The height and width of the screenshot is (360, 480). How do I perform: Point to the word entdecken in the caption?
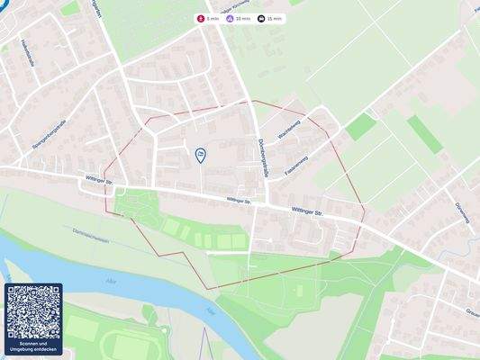pyautogui.click(x=46, y=351)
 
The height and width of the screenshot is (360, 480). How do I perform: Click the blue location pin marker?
pyautogui.click(x=200, y=155)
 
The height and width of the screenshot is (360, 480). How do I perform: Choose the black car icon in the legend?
pyautogui.click(x=261, y=18)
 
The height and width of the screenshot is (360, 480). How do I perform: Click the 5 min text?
pyautogui.click(x=213, y=18)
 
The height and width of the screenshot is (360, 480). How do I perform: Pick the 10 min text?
pyautogui.click(x=243, y=18)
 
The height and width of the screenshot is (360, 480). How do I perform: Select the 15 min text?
pyautogui.click(x=275, y=18)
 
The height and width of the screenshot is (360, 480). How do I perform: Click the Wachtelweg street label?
pyautogui.click(x=290, y=134)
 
